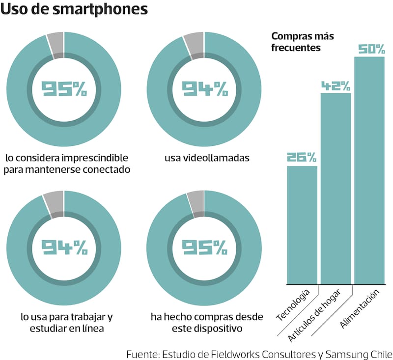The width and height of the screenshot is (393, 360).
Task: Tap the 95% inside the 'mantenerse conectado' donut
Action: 64,89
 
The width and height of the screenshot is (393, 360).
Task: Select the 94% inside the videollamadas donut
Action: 204,89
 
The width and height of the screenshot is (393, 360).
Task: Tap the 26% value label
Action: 302,158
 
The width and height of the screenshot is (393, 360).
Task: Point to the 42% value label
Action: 336,86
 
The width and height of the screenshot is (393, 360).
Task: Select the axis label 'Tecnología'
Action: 294,304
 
